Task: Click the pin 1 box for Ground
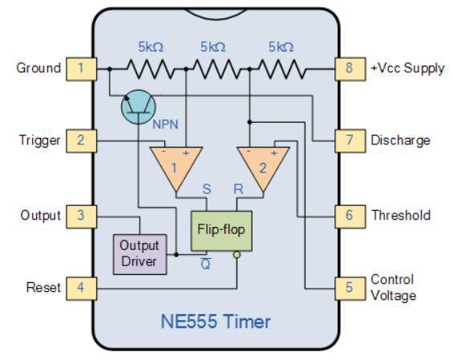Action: pyautogui.click(x=80, y=68)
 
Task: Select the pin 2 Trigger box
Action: pyautogui.click(x=80, y=141)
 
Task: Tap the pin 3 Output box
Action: pyautogui.click(x=80, y=216)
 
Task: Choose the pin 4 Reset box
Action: pyautogui.click(x=80, y=287)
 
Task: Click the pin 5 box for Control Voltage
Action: pyautogui.click(x=348, y=287)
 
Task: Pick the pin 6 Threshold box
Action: pyautogui.click(x=348, y=216)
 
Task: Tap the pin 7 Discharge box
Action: pyautogui.click(x=348, y=141)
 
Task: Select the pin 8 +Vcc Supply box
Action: pyautogui.click(x=348, y=68)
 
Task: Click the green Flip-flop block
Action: pyautogui.click(x=220, y=230)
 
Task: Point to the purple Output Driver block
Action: pyautogui.click(x=139, y=253)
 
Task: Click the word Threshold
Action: pyautogui.click(x=400, y=216)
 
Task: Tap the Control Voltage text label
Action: pyautogui.click(x=393, y=287)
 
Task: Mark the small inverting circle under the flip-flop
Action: pyautogui.click(x=237, y=256)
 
